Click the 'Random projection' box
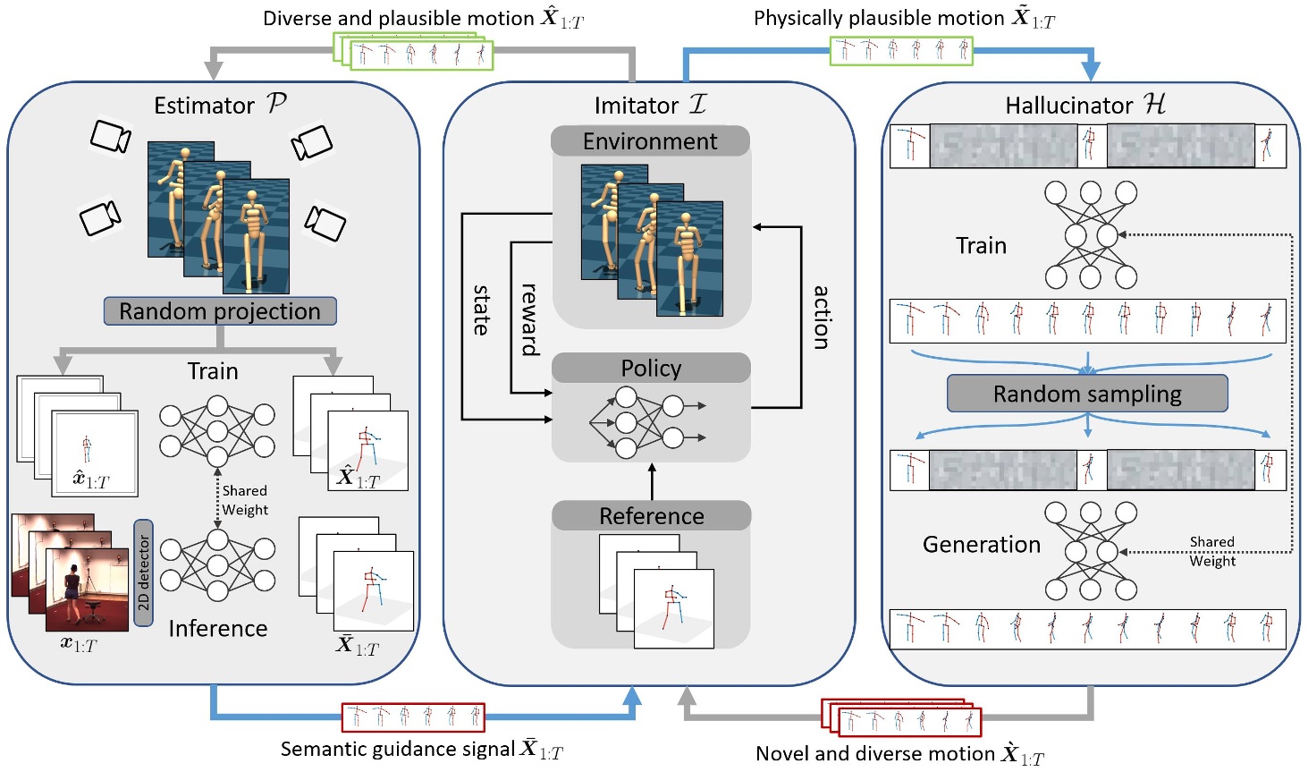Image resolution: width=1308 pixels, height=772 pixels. click(x=220, y=311)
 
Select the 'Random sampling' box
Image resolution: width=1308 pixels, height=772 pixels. click(x=1087, y=394)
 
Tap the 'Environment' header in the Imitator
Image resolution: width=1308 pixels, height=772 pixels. click(x=650, y=141)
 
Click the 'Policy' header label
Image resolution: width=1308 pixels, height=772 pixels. click(x=651, y=369)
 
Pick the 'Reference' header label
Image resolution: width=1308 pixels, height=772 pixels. click(x=651, y=516)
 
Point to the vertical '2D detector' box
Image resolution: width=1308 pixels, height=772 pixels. click(x=143, y=573)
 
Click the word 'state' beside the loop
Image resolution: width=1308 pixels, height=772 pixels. click(x=481, y=310)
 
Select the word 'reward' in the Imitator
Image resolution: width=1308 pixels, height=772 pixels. click(x=529, y=319)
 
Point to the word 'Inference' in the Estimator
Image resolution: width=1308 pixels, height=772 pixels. click(x=218, y=629)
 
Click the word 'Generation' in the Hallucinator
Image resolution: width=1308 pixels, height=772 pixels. click(x=982, y=545)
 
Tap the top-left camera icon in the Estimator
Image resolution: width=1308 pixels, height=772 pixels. click(x=111, y=137)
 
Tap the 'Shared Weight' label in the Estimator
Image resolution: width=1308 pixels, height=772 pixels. click(x=245, y=500)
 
